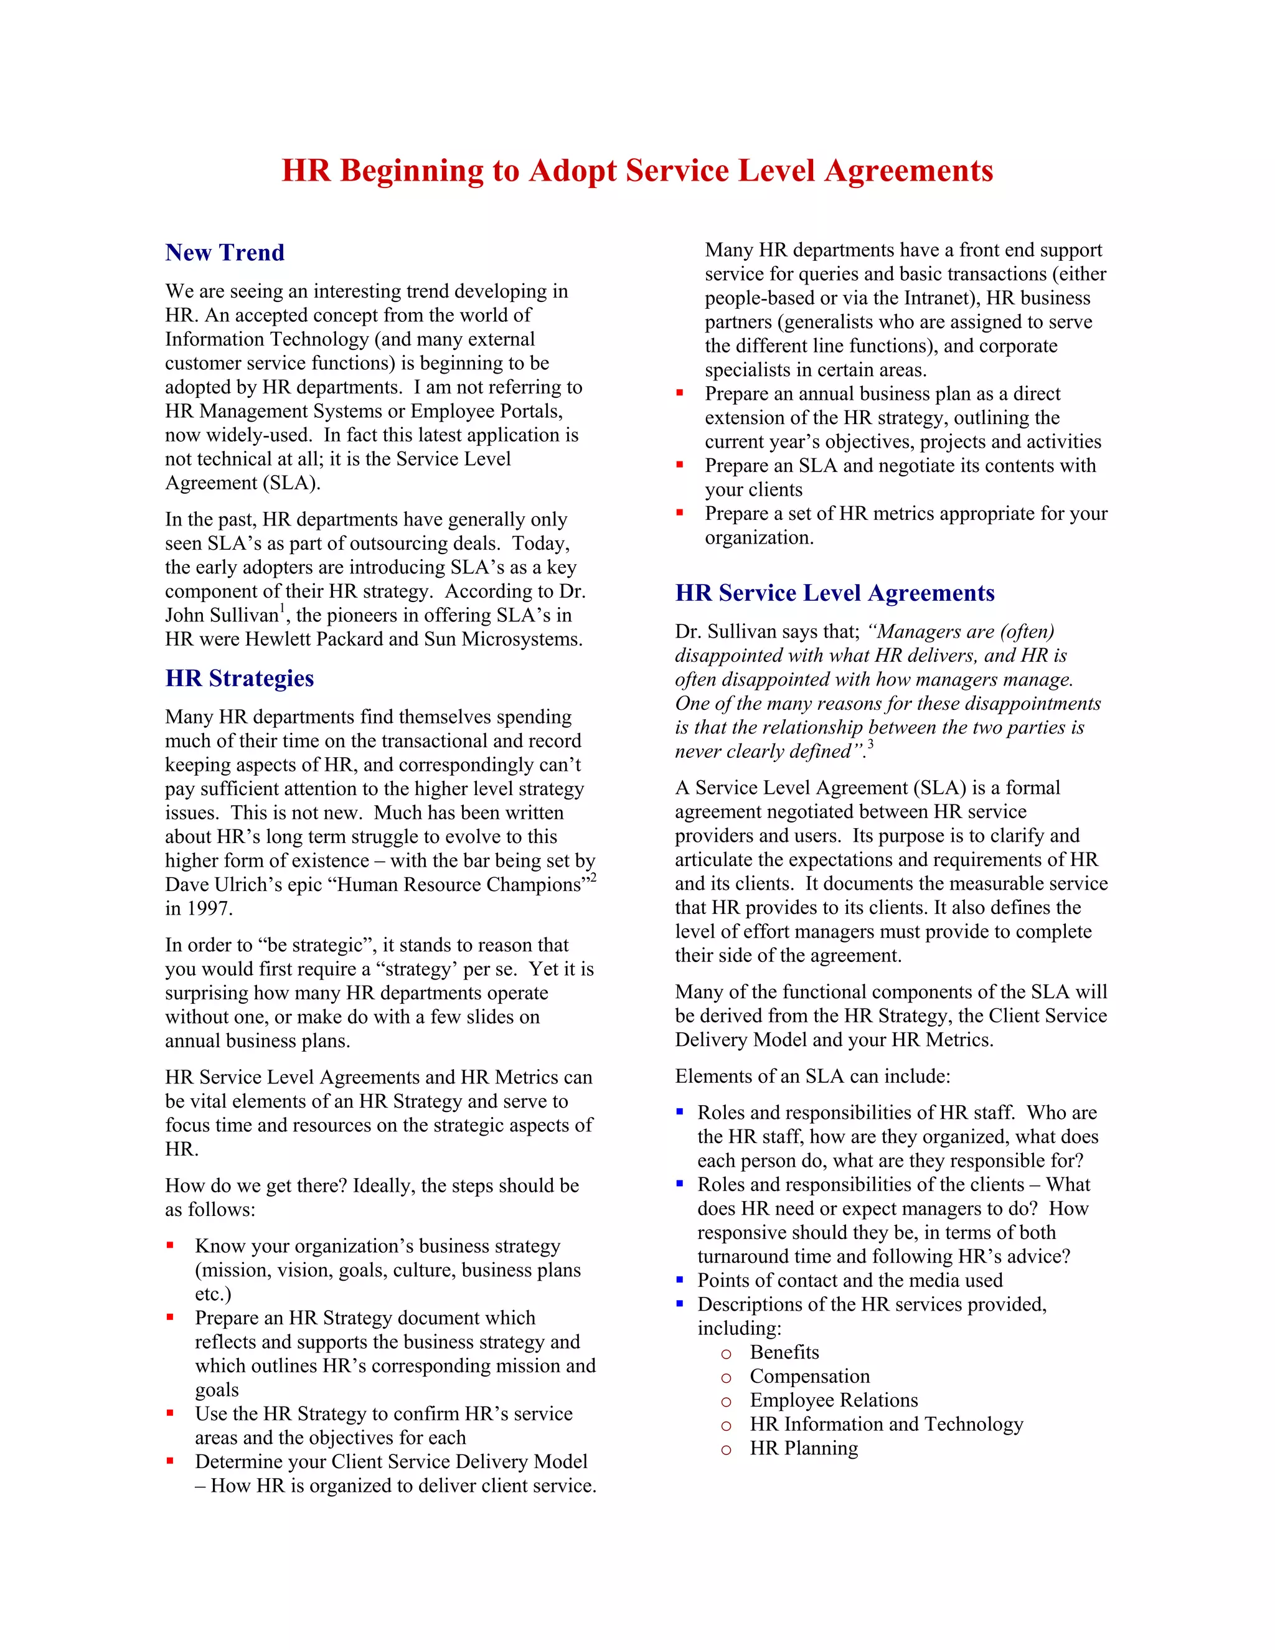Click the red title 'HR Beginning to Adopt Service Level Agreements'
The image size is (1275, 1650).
pyautogui.click(x=637, y=171)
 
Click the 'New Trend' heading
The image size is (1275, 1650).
pyautogui.click(x=224, y=252)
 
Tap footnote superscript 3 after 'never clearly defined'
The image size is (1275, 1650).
pyautogui.click(x=870, y=745)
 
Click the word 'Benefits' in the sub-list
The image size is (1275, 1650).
pyautogui.click(x=783, y=1352)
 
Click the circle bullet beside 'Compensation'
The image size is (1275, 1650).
pyautogui.click(x=726, y=1378)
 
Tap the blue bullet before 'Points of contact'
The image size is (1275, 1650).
pyautogui.click(x=680, y=1280)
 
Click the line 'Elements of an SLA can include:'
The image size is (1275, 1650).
pyautogui.click(x=812, y=1076)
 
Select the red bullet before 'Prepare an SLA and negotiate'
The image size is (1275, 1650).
pyautogui.click(x=680, y=464)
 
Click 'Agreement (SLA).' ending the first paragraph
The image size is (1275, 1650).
pyautogui.click(x=242, y=483)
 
